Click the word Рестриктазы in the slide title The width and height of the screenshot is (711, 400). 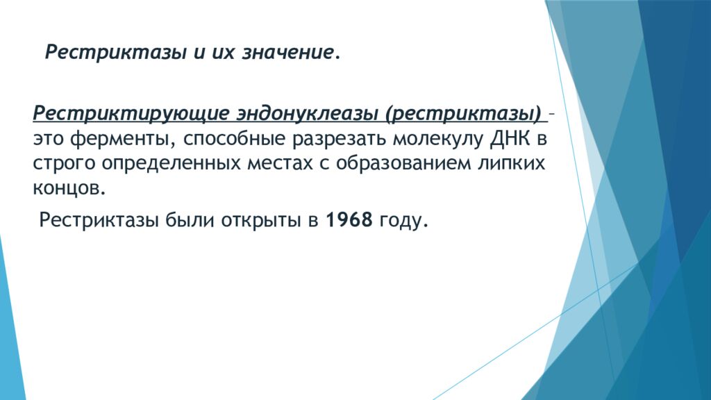pyautogui.click(x=116, y=53)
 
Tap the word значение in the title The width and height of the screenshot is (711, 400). pyautogui.click(x=288, y=52)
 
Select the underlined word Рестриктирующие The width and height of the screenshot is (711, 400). pyautogui.click(x=131, y=113)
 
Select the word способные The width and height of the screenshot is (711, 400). pyautogui.click(x=235, y=139)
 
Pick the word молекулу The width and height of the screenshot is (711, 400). pyautogui.click(x=438, y=139)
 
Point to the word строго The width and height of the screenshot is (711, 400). pyautogui.click(x=64, y=164)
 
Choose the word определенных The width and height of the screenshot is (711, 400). pyautogui.click(x=171, y=164)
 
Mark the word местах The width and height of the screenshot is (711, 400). pyautogui.click(x=280, y=163)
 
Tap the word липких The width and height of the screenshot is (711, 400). pyautogui.click(x=511, y=162)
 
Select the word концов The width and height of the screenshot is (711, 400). pyautogui.click(x=69, y=187)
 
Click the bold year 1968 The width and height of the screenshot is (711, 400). pyautogui.click(x=349, y=220)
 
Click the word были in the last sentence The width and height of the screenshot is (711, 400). pyautogui.click(x=190, y=220)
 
